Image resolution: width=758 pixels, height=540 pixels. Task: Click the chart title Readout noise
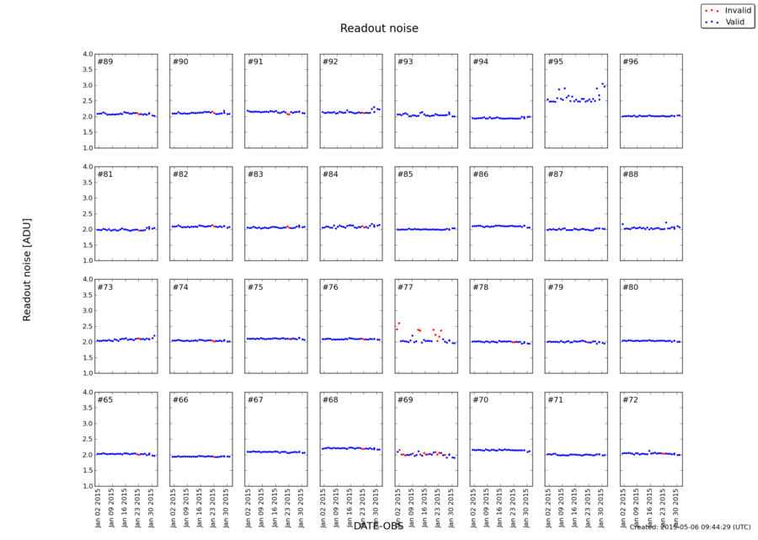pos(379,29)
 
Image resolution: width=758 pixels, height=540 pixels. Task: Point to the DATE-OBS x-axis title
pos(379,526)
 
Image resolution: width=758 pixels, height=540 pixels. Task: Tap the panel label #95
pos(555,62)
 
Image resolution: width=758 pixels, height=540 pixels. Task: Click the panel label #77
pos(405,288)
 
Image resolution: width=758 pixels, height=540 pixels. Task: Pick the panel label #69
pos(405,400)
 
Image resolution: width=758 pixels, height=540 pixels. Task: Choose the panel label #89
pos(105,62)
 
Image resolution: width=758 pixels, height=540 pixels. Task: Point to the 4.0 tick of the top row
pos(87,54)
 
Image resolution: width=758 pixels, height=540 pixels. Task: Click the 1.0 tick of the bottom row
pos(87,486)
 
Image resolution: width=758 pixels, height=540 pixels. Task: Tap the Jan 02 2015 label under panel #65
pos(99,506)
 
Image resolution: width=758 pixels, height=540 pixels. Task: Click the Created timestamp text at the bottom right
pos(690,527)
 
